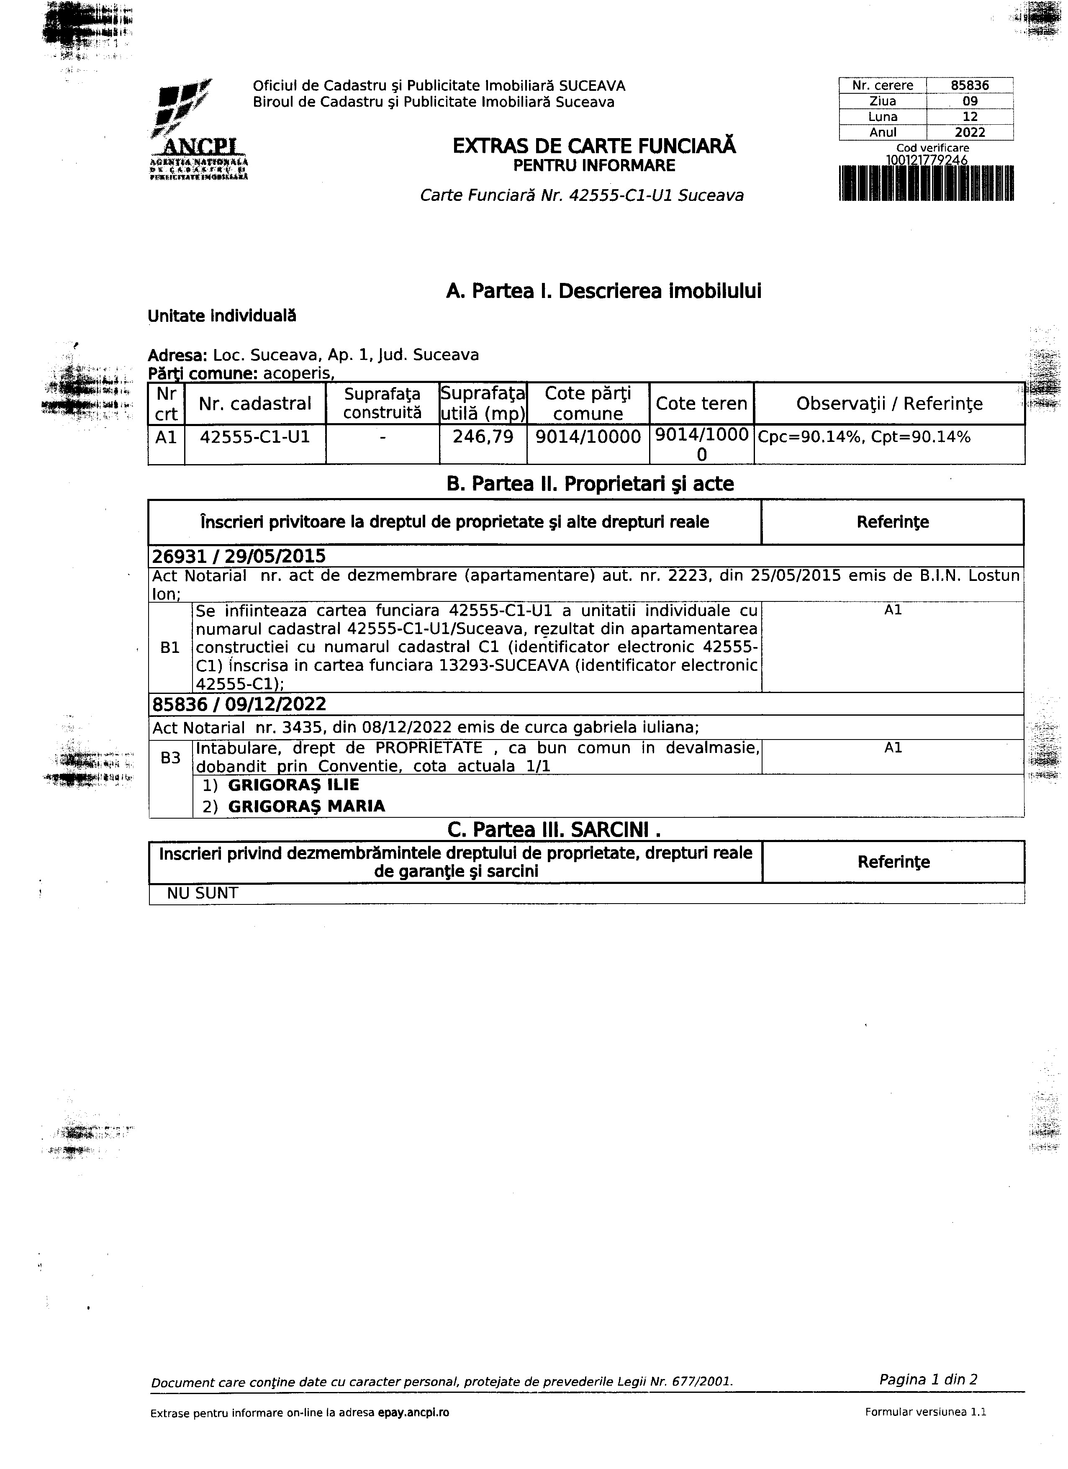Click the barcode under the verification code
[926, 183]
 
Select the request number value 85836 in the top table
[970, 85]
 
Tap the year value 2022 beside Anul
[970, 133]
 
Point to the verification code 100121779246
[927, 159]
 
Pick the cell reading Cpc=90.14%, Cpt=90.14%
[864, 437]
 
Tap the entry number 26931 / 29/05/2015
[239, 556]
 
